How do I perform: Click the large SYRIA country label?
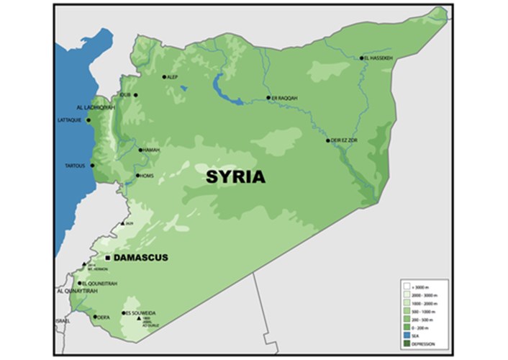pos(235,176)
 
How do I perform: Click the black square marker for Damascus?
pos(107,257)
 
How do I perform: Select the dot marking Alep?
pos(164,76)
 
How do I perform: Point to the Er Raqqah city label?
pos(283,97)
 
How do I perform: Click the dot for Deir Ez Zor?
pos(328,140)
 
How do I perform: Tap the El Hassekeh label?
pos(380,58)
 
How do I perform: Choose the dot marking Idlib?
pos(135,94)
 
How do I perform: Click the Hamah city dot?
pos(140,150)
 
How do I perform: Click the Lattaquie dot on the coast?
pos(89,120)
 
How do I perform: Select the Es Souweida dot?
pos(121,312)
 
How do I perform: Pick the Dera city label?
pos(104,316)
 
